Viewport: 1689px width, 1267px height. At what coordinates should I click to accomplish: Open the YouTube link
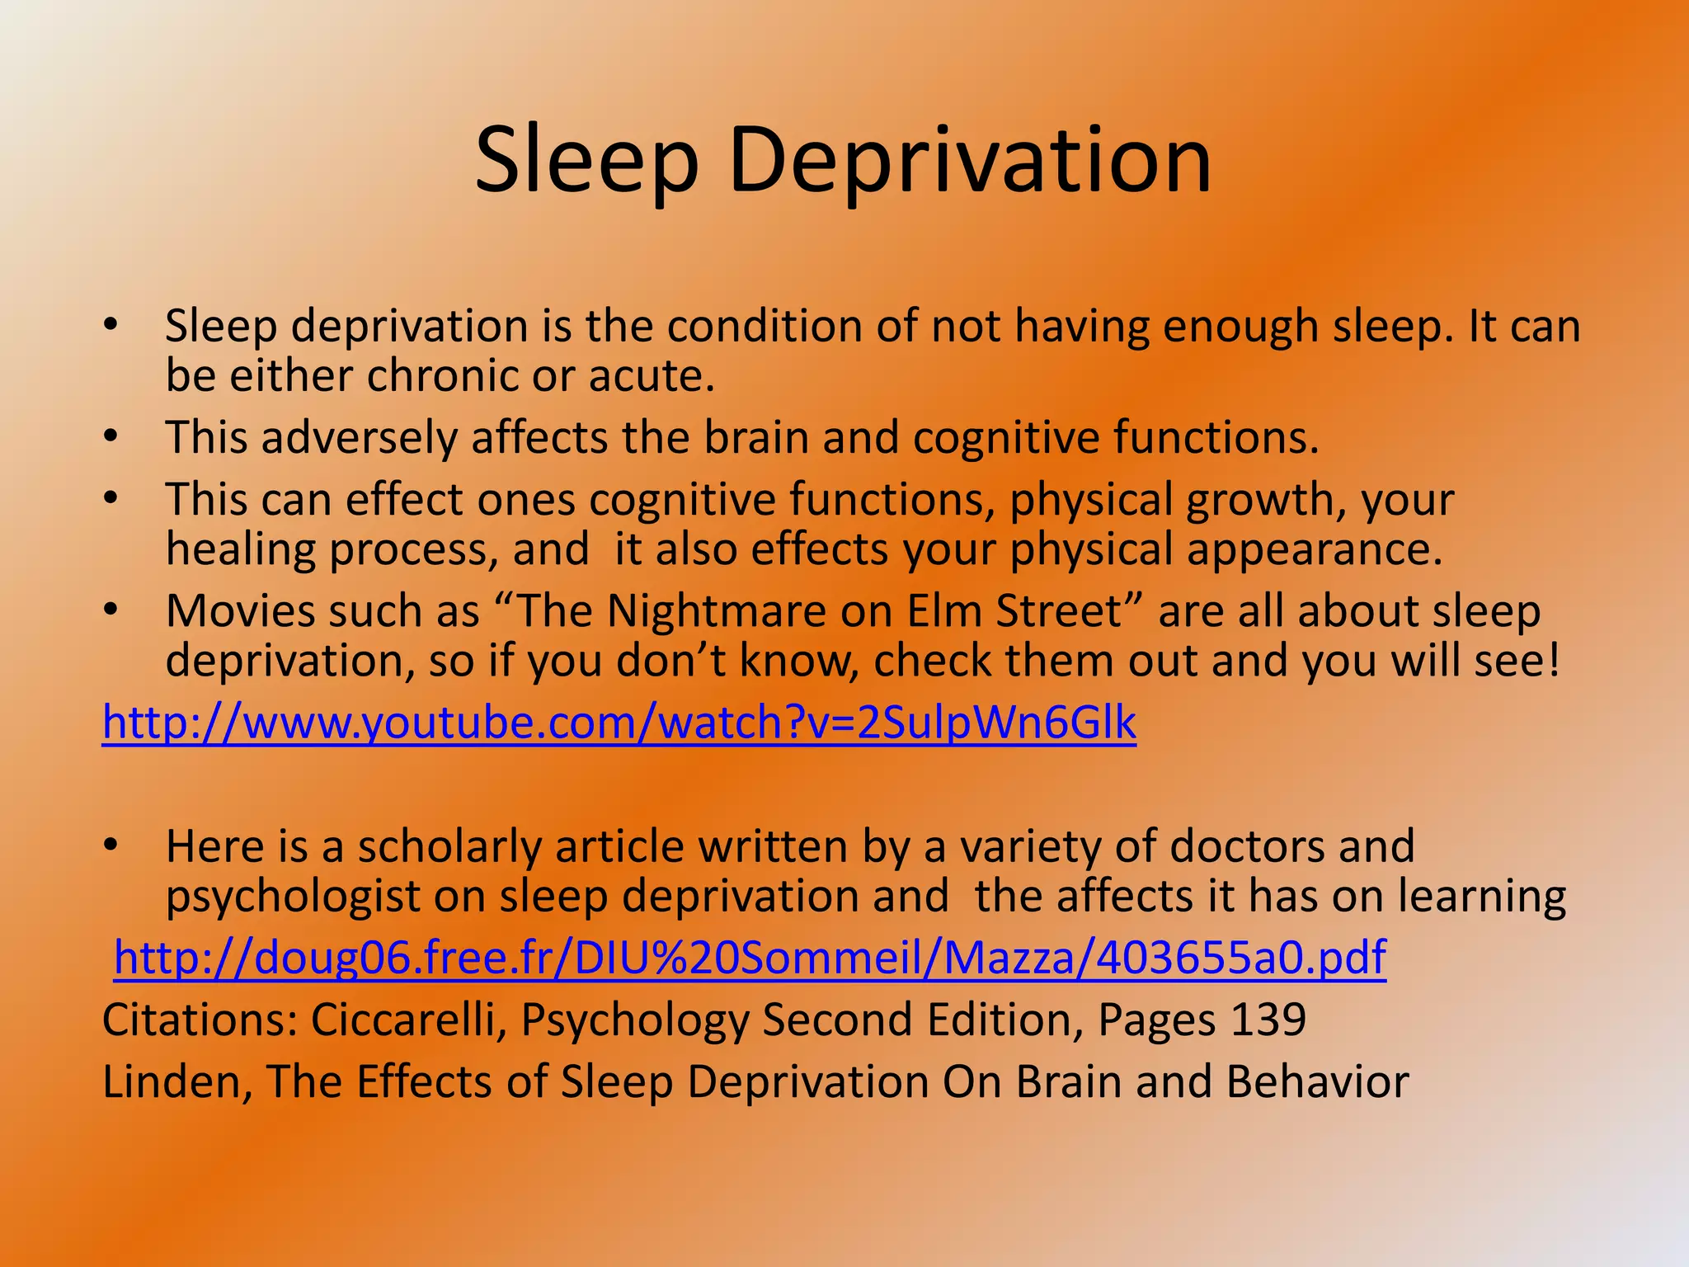pos(619,723)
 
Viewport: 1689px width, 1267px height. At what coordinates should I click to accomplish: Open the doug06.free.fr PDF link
pos(750,958)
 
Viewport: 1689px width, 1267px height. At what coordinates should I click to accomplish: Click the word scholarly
pos(449,847)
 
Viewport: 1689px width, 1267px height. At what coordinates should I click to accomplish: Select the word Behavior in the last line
pos(1317,1081)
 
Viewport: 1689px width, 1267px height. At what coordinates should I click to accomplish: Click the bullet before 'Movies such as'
pos(111,611)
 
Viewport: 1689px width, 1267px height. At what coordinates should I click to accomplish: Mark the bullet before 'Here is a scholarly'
pos(111,846)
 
